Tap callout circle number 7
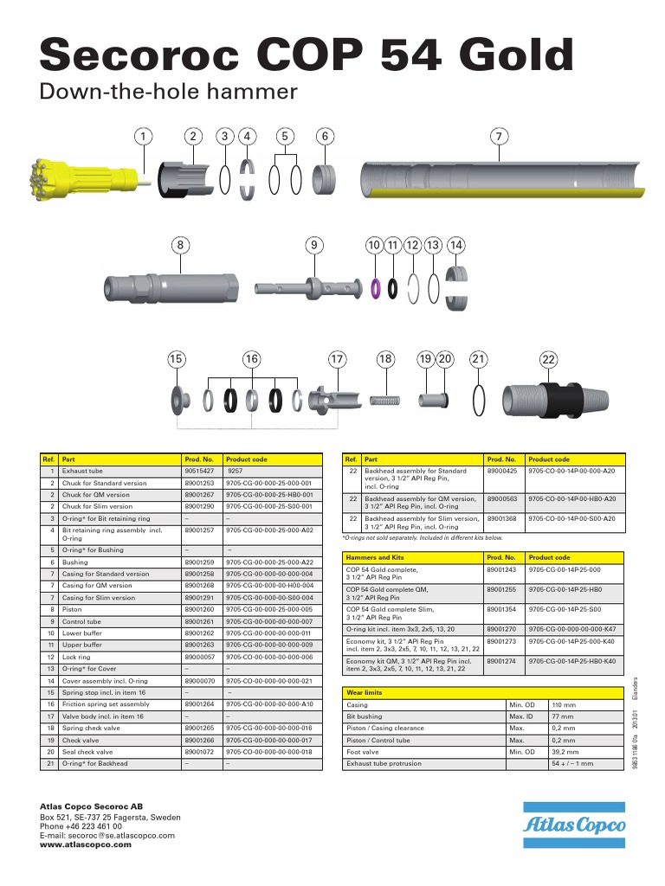point(498,137)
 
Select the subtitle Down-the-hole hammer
point(169,92)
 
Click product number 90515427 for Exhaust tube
point(198,471)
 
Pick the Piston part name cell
point(72,609)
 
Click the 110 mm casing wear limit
point(563,705)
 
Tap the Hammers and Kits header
point(375,558)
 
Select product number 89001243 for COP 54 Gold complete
point(501,570)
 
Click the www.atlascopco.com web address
point(86,845)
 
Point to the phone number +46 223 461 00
point(81,826)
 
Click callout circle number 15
point(177,359)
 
